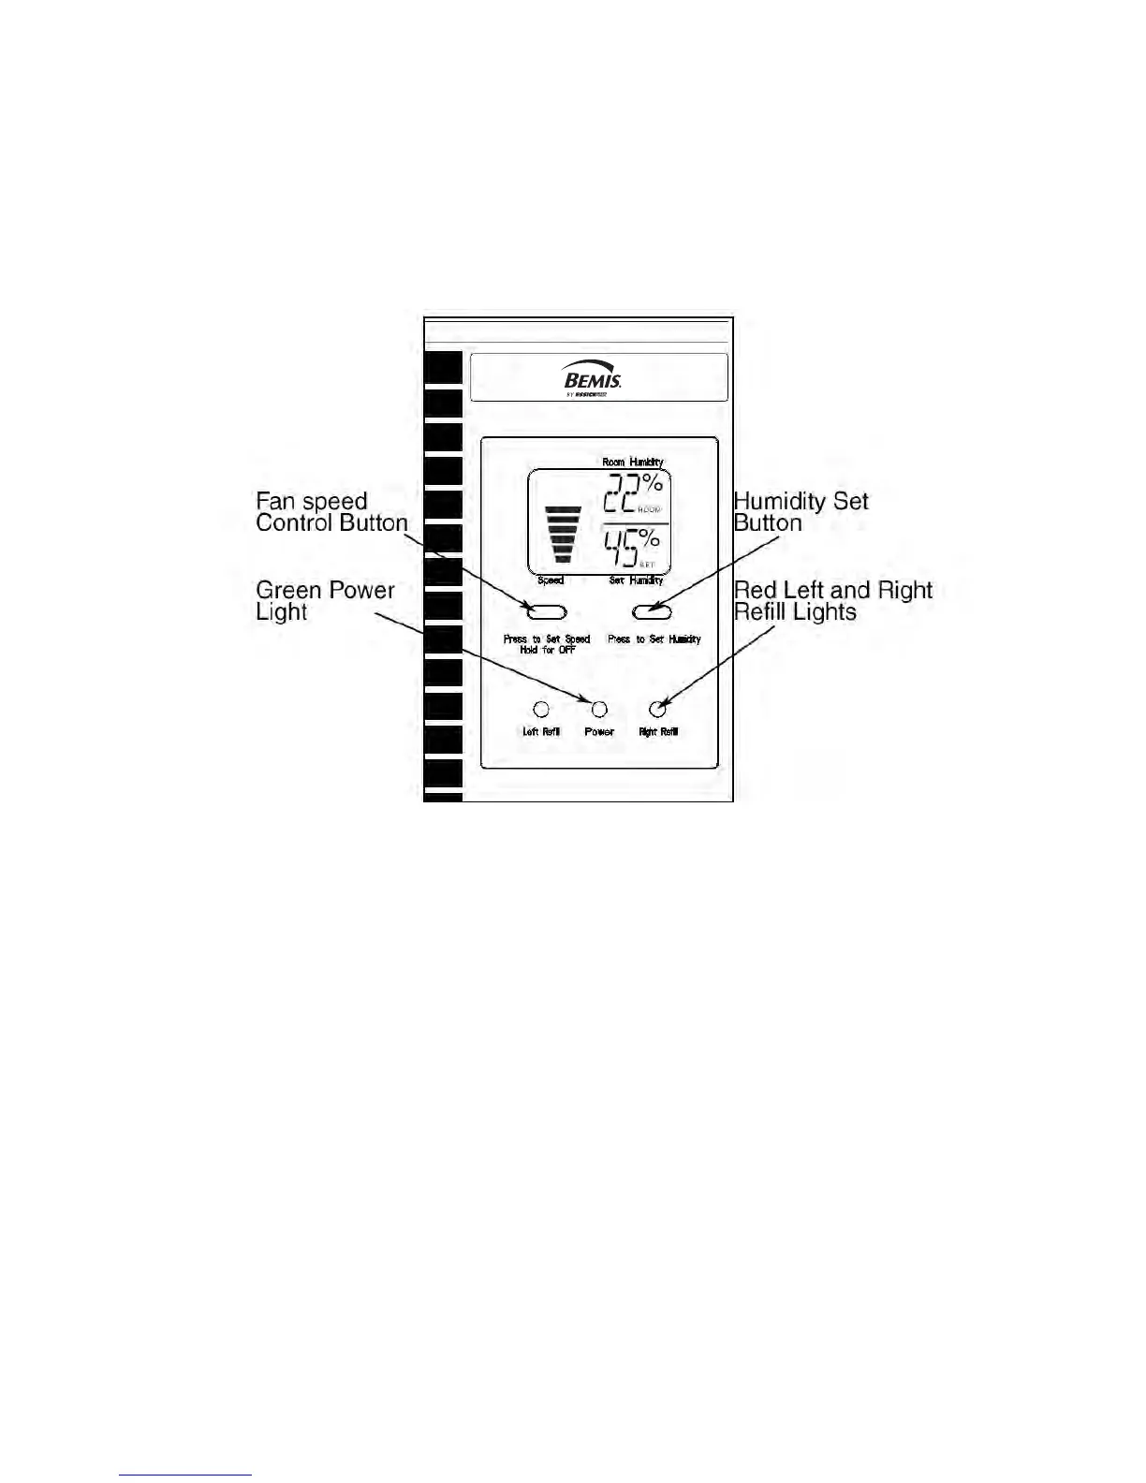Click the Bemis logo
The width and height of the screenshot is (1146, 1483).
(x=593, y=379)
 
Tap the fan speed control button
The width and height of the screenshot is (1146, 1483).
(x=547, y=612)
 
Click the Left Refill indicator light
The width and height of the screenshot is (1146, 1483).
(x=541, y=710)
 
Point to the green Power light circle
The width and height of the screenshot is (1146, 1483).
(x=599, y=710)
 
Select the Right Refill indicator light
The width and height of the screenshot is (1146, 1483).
(x=658, y=710)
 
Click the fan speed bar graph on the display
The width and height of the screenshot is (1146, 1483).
(x=563, y=535)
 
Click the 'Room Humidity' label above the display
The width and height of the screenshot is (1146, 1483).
(x=633, y=462)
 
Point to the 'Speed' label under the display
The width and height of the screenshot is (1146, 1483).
(x=551, y=580)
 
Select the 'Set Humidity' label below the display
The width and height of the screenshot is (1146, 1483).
(x=636, y=580)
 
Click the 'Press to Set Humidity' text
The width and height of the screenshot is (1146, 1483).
(x=654, y=639)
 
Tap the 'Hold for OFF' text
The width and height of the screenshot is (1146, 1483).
(x=548, y=650)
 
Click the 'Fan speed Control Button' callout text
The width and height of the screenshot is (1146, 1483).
(x=331, y=512)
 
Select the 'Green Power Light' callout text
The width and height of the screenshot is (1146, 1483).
(x=325, y=601)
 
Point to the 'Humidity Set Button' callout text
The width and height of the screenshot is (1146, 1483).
(x=801, y=512)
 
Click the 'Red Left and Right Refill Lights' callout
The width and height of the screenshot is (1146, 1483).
(x=832, y=601)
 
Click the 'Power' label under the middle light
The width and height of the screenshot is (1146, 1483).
(x=599, y=732)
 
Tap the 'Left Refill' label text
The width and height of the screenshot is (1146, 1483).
(x=541, y=732)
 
